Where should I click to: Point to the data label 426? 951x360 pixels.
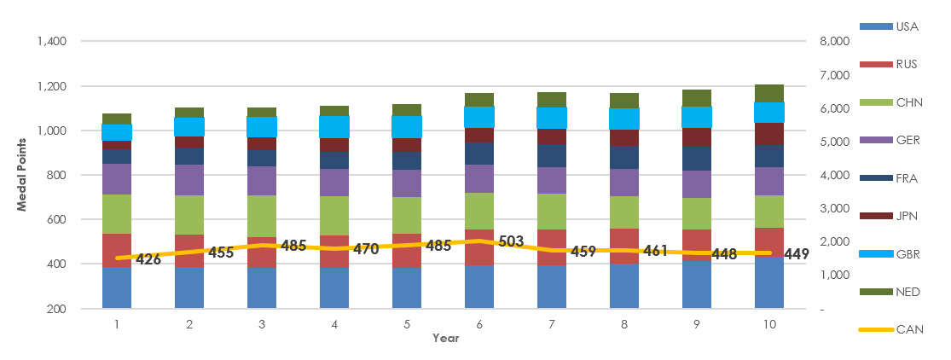point(148,259)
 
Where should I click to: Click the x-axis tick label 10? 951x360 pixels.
point(769,325)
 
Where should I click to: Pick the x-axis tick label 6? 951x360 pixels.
point(479,325)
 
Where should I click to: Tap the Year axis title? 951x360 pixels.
point(444,339)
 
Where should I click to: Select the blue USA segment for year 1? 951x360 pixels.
point(117,287)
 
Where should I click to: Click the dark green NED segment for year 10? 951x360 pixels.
point(769,93)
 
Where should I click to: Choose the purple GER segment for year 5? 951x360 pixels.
point(407,183)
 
